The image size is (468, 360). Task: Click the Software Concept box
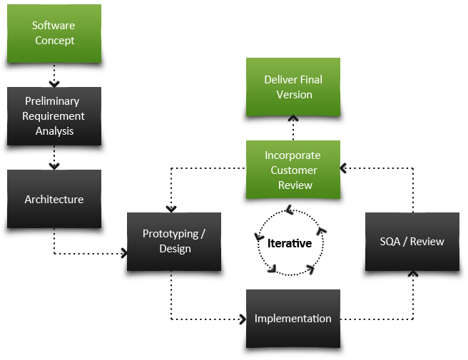(x=54, y=33)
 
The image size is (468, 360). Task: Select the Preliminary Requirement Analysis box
(x=54, y=116)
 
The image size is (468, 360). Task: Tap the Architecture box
(x=54, y=200)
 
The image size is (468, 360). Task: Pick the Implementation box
(x=292, y=319)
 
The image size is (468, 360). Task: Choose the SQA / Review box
(x=412, y=241)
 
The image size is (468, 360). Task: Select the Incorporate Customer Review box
(x=292, y=170)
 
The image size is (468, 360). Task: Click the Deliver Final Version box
(x=292, y=87)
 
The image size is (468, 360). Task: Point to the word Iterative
(x=290, y=243)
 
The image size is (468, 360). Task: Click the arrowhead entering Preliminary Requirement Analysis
(x=54, y=84)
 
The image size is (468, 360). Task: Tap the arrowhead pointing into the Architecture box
(x=54, y=166)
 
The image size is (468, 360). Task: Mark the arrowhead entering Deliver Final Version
(x=292, y=120)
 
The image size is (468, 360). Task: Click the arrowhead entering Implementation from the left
(x=242, y=319)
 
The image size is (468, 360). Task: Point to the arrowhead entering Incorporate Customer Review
(x=344, y=169)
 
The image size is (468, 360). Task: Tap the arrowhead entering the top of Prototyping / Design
(x=171, y=208)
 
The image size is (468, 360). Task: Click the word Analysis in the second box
(x=54, y=131)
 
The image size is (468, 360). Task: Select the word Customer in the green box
(x=293, y=170)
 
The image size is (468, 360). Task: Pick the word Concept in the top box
(x=54, y=41)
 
